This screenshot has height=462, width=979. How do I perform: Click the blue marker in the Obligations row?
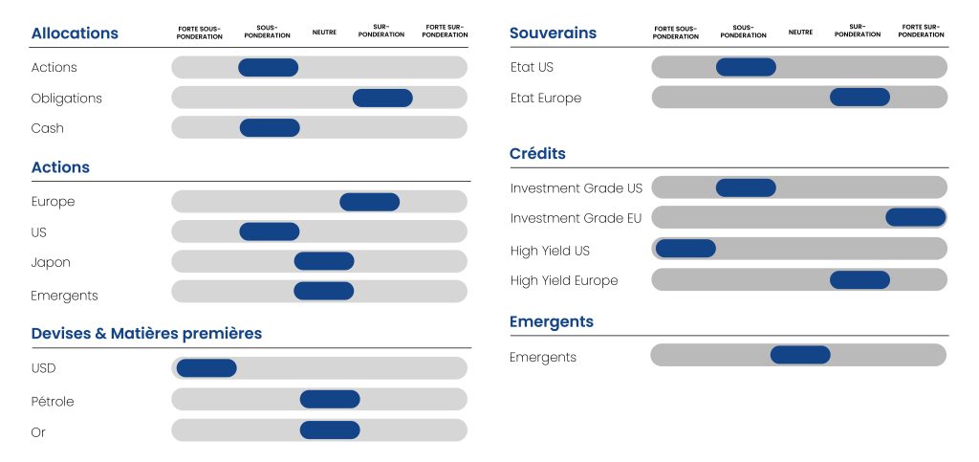pos(382,98)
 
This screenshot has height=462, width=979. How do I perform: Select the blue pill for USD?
pos(207,368)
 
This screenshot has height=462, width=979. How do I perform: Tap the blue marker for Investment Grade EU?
pos(916,217)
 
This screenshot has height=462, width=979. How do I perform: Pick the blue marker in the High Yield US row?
pos(685,249)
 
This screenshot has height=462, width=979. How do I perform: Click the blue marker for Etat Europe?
pos(859,98)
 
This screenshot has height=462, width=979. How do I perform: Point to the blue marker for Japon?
pos(324,261)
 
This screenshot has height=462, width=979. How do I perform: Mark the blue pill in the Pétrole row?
pos(330,400)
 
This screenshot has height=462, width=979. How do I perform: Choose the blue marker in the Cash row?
pos(270,128)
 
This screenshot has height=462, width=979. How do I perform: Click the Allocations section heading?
pos(75,33)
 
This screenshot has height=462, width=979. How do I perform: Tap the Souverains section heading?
pos(553,33)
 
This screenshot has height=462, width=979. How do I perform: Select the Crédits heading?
pos(537,154)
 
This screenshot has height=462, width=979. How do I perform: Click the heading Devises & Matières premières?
pos(146,334)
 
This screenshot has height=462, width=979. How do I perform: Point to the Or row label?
pos(38,432)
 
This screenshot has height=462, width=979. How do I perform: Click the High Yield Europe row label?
pos(564,281)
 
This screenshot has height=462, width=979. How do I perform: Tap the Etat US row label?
pos(532,67)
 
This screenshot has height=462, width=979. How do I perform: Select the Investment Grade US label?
pos(576,188)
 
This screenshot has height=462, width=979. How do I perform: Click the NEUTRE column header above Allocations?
pos(324,32)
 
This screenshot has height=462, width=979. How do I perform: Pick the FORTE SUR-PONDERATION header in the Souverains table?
pos(921,32)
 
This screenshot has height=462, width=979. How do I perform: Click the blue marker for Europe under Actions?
pos(370,202)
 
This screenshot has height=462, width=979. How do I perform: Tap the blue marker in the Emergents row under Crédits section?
pos(800,355)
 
